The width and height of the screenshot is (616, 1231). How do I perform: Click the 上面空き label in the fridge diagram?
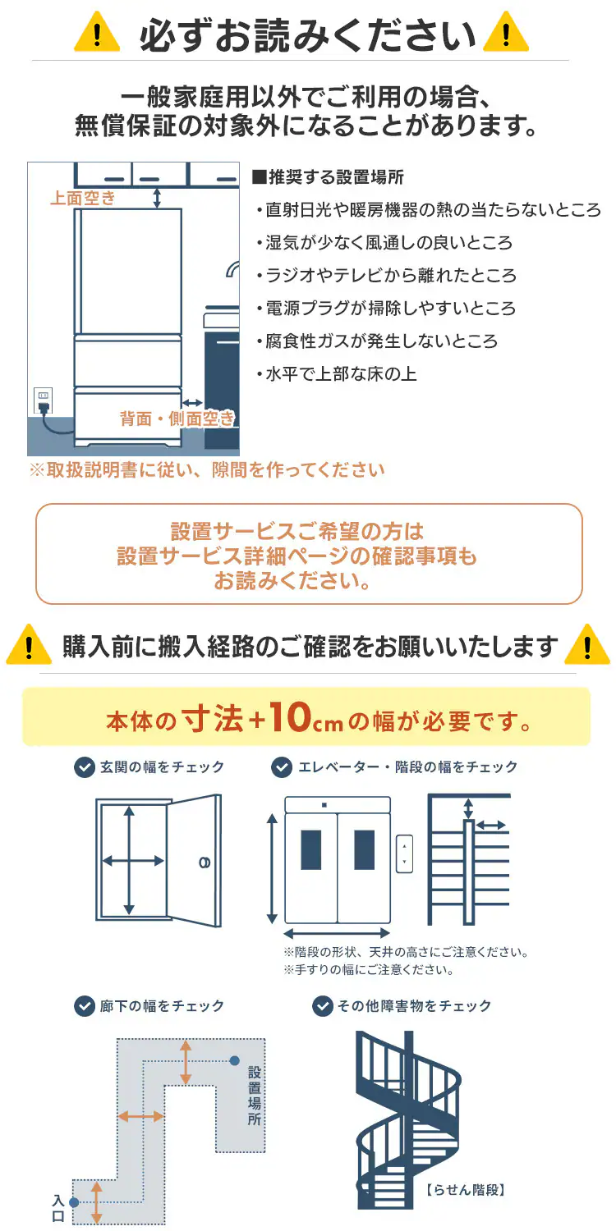[x=83, y=198]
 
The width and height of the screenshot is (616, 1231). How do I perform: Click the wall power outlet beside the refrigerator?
[x=43, y=400]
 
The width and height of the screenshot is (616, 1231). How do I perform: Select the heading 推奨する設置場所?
[x=329, y=177]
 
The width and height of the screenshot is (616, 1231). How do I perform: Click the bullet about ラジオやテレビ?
[x=386, y=276]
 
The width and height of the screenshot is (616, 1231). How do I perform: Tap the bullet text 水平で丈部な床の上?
[x=336, y=374]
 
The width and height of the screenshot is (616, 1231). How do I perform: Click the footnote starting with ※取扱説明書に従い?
[x=206, y=470]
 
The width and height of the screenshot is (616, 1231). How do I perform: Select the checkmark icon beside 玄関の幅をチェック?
[x=84, y=767]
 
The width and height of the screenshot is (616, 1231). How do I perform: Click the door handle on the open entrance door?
[x=205, y=862]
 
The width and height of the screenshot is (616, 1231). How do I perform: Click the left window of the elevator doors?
[x=311, y=849]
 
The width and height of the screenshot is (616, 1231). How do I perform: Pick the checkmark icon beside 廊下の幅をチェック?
[x=84, y=1006]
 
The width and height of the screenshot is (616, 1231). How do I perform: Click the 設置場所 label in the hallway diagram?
[x=255, y=1096]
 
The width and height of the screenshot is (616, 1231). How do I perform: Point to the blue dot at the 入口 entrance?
[x=74, y=1202]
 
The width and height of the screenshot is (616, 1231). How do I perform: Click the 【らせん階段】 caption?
[x=465, y=1188]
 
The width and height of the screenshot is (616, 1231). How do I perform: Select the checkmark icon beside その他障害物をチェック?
[x=321, y=1006]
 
